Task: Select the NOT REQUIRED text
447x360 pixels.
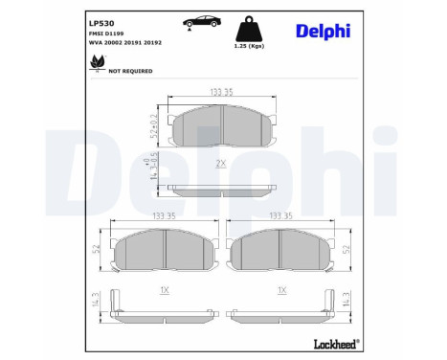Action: [x=131, y=70]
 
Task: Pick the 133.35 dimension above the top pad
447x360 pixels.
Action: [x=222, y=92]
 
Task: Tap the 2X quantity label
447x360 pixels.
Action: [x=222, y=164]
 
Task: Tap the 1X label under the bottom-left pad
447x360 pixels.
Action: [x=165, y=290]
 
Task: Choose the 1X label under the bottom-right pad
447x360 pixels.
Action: [x=281, y=290]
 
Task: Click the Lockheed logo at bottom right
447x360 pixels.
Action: [x=336, y=343]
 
